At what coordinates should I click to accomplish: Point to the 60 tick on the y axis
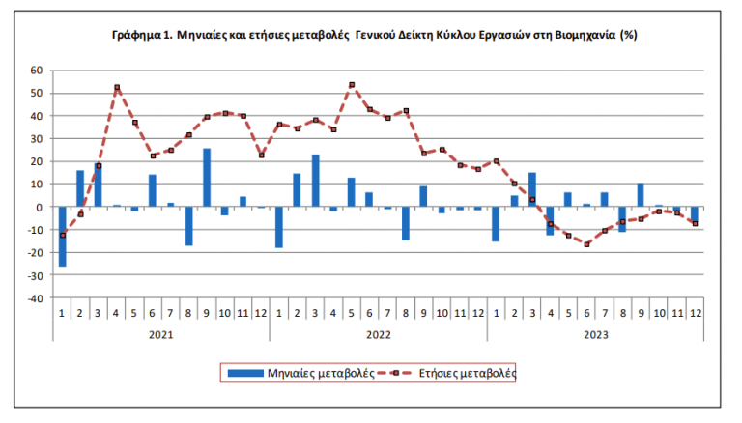point(38,70)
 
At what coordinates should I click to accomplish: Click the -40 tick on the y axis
point(36,298)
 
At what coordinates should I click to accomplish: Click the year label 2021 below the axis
point(161,335)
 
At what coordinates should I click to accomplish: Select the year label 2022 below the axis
point(378,335)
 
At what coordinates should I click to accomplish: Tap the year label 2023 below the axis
point(594,335)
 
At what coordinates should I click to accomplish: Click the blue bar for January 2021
point(63,236)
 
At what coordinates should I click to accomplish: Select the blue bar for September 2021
point(207,178)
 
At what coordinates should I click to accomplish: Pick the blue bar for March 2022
point(315,181)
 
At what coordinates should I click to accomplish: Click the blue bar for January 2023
point(496,223)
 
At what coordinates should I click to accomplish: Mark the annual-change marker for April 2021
point(117,87)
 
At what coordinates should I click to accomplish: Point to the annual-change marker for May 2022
point(352,84)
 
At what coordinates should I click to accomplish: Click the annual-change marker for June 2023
point(585,244)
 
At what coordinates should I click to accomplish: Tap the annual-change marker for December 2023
point(694,223)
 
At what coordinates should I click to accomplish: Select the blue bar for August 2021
point(189,226)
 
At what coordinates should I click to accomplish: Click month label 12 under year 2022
point(477,314)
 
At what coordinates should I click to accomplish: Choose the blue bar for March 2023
point(532,189)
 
